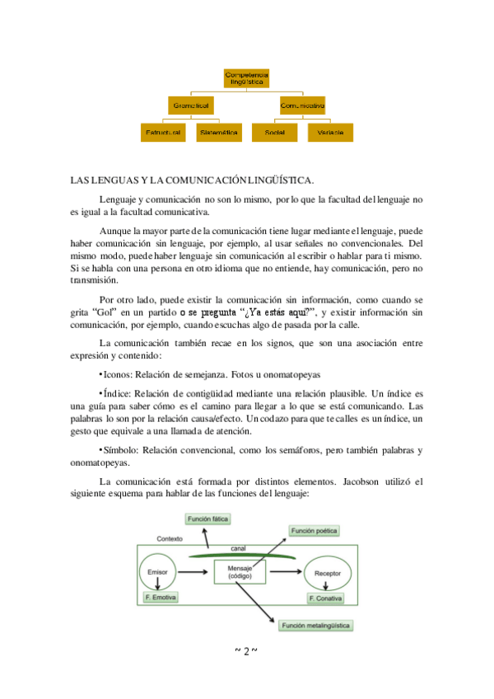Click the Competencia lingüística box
(x=247, y=78)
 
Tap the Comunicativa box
(x=301, y=106)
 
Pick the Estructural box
(x=163, y=132)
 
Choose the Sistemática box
(x=218, y=132)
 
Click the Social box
(x=274, y=132)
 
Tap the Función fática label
(x=207, y=518)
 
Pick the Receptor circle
(x=328, y=571)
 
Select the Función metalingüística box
(x=317, y=626)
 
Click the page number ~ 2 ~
(x=246, y=651)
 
